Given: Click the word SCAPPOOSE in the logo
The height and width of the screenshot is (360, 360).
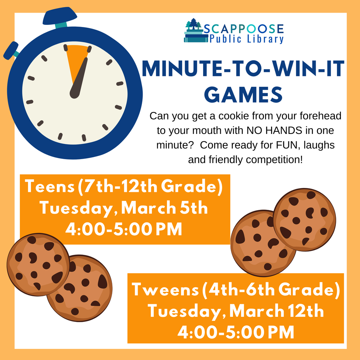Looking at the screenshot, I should (243, 28).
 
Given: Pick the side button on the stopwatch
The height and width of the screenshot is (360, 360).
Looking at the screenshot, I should (11, 50).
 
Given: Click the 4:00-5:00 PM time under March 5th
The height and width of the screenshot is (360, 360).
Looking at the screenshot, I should (123, 229).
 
